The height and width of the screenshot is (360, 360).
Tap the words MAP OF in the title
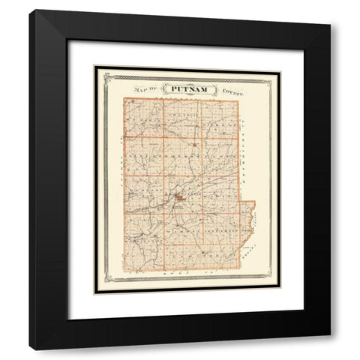[x=145, y=90]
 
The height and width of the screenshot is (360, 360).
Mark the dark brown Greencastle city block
[x=180, y=199]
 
